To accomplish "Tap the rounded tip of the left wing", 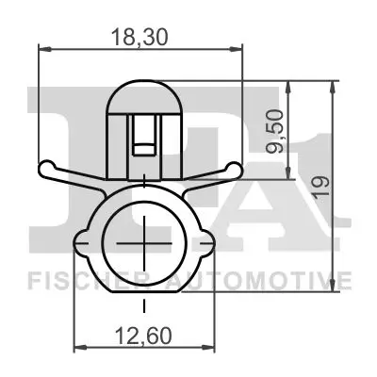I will click(x=44, y=170).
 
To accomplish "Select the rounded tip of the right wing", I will click(x=240, y=170).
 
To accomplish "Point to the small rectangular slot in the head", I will click(x=142, y=139).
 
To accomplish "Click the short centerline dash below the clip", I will click(x=142, y=306).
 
